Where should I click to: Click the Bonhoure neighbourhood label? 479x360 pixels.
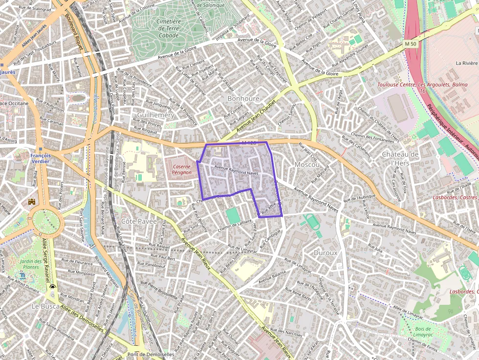(x=243, y=99)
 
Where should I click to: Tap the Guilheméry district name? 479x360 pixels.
(x=155, y=115)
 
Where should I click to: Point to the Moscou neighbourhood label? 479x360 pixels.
(x=307, y=165)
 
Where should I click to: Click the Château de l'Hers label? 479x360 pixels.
(x=400, y=158)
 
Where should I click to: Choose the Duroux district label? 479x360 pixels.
(x=325, y=253)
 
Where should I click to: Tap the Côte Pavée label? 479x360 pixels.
(x=139, y=221)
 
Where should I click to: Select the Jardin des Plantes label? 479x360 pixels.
(x=30, y=264)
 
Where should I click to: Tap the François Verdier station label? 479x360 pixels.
(x=40, y=159)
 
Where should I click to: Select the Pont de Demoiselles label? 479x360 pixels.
(x=151, y=354)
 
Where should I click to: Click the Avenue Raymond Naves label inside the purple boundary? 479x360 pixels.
(x=236, y=170)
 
